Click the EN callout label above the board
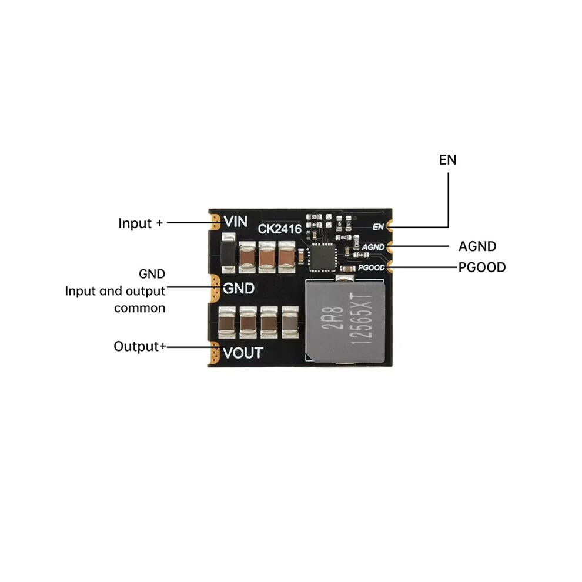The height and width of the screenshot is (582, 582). pyautogui.click(x=447, y=160)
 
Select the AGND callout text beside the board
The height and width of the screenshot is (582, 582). pyautogui.click(x=477, y=246)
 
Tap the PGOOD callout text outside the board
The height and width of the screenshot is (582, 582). pyautogui.click(x=482, y=267)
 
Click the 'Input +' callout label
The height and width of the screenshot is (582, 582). pyautogui.click(x=141, y=223)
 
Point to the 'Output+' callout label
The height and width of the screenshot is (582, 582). pyautogui.click(x=139, y=346)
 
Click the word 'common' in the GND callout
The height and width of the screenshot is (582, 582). pyautogui.click(x=139, y=308)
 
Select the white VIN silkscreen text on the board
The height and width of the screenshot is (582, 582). pyautogui.click(x=236, y=222)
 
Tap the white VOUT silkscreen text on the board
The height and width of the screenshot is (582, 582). pyautogui.click(x=243, y=353)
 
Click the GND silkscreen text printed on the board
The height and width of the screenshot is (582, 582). pyautogui.click(x=238, y=289)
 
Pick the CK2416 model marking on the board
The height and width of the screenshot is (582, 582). pyautogui.click(x=279, y=229)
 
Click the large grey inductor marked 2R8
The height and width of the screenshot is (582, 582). pyautogui.click(x=345, y=321)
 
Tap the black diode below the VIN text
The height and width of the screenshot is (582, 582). pyautogui.click(x=228, y=253)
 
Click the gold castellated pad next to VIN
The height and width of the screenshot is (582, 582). pyautogui.click(x=215, y=222)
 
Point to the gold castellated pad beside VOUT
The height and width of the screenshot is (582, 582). pyautogui.click(x=215, y=353)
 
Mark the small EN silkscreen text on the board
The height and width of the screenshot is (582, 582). pyautogui.click(x=378, y=226)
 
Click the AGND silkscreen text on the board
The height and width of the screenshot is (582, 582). pyautogui.click(x=373, y=247)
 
